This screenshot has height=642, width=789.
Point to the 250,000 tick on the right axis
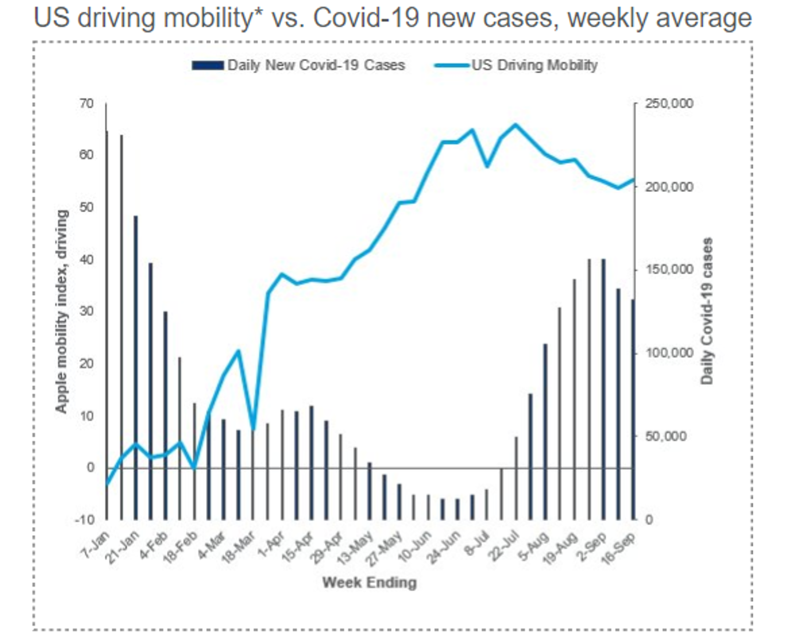669,104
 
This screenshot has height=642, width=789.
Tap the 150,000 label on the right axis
669,270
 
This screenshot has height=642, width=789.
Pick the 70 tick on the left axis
87,104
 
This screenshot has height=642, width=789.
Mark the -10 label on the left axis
85,520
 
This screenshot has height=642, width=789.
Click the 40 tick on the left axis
87,259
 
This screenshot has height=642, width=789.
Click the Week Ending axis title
370,583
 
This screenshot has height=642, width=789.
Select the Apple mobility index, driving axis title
62,311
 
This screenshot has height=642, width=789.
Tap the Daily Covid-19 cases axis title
707,311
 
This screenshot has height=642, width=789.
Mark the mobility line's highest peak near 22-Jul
516,124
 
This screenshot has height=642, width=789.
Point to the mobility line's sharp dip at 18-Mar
253,429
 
